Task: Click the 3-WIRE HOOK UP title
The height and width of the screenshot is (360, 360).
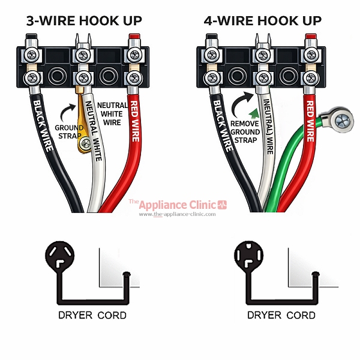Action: [x=83, y=21]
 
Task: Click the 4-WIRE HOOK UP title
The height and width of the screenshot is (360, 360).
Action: [x=262, y=21]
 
